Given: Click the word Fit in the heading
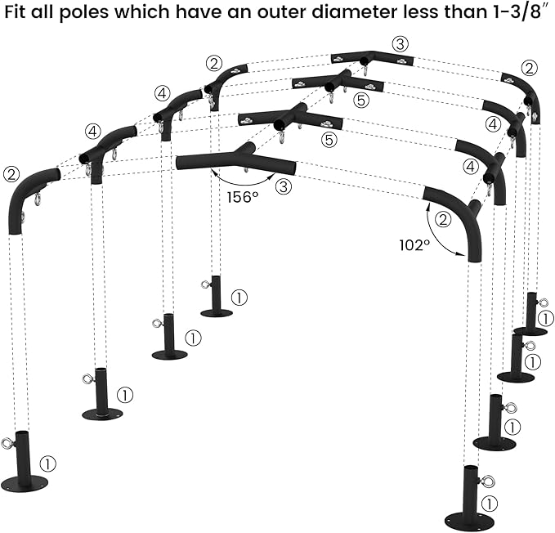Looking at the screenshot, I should (x=24, y=17).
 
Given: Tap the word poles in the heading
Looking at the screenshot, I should (x=93, y=17).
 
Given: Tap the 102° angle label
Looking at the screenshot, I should (x=414, y=243).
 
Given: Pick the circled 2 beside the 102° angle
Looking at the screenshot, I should (x=443, y=219).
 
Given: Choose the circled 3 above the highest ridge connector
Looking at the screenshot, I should (x=399, y=43).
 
